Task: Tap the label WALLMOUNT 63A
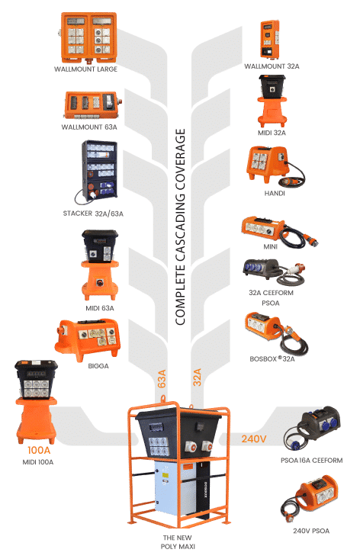click(89, 127)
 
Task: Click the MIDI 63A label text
click(100, 308)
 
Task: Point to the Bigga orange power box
click(88, 340)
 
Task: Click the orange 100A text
click(39, 450)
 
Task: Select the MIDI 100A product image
click(36, 402)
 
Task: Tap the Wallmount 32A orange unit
click(270, 40)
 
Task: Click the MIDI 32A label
click(272, 133)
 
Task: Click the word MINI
click(271, 246)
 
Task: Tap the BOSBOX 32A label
click(272, 359)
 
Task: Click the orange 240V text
click(254, 439)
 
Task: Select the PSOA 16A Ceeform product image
click(312, 429)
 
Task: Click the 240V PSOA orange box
click(310, 499)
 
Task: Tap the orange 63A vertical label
click(162, 379)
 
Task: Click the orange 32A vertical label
click(198, 377)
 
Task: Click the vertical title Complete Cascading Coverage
click(181, 226)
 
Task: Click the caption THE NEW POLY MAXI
click(178, 542)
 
